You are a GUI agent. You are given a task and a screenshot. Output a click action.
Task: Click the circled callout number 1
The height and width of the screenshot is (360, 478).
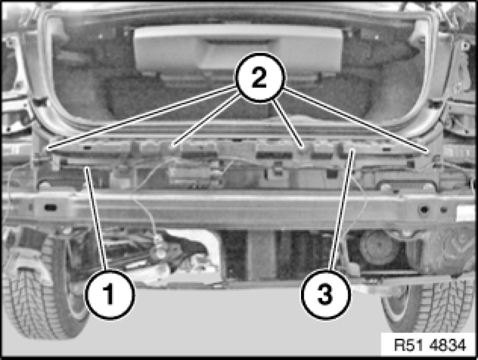tap(109, 294)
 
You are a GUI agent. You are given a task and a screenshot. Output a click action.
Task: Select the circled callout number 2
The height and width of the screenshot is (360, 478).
tap(260, 78)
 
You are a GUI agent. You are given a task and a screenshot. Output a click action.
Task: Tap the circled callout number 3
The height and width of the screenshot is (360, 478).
tap(326, 294)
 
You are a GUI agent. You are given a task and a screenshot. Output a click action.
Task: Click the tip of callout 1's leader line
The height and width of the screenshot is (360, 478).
tap(86, 167)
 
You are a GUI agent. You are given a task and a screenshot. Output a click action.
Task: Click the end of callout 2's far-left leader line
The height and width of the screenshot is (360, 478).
tap(46, 149)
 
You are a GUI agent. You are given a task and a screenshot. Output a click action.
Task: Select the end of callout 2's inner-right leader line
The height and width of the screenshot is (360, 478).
tap(303, 147)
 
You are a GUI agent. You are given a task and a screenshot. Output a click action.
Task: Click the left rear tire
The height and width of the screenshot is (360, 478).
tap(43, 293)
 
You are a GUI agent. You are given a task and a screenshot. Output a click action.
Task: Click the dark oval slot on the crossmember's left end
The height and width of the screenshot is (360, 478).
tap(50, 208)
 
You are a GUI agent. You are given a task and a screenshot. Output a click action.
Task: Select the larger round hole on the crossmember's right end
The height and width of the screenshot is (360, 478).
tap(424, 209)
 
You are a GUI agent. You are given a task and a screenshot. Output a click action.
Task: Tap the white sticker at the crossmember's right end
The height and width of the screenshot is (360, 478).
tap(466, 213)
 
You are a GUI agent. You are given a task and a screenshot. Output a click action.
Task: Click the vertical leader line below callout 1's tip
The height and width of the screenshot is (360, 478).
tap(97, 219)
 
